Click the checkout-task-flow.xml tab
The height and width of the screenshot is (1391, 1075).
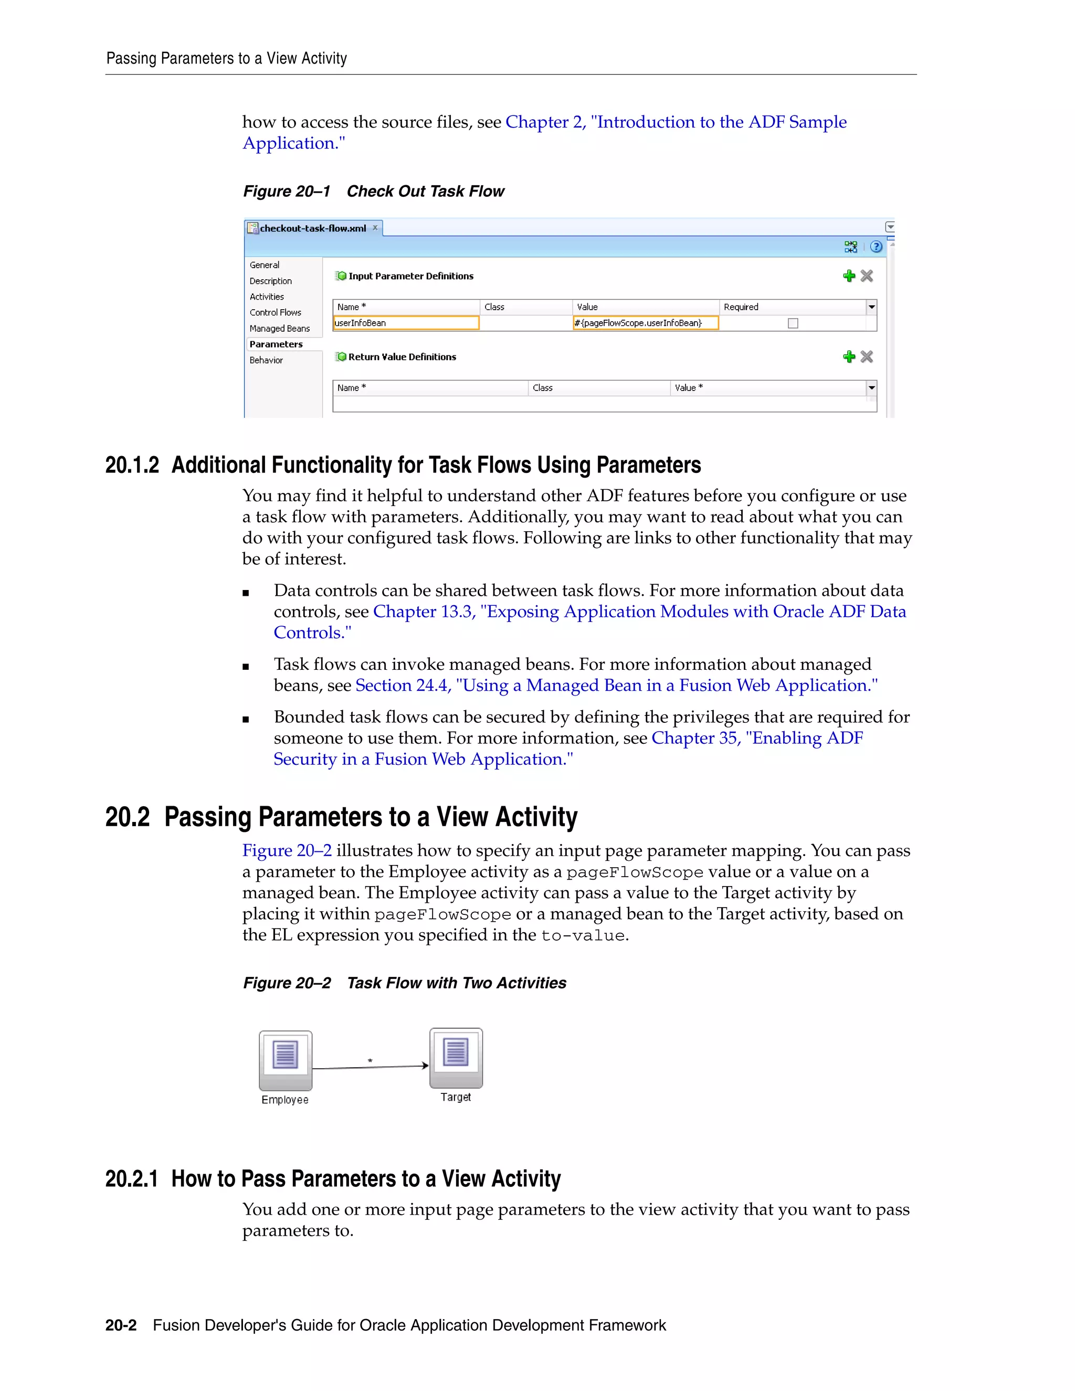point(312,228)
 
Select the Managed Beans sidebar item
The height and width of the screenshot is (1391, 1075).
point(280,329)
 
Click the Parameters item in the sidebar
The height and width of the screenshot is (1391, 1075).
point(276,344)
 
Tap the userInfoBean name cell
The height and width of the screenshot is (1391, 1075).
point(406,323)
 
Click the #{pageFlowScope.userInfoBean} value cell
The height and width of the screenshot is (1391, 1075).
point(645,323)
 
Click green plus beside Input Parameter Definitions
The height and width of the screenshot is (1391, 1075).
point(848,276)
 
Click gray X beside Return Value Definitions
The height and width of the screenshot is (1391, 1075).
point(867,356)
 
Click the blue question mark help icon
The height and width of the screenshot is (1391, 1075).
point(876,247)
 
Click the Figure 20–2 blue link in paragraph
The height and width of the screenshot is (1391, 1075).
point(287,851)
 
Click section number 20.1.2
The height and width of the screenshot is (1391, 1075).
point(132,466)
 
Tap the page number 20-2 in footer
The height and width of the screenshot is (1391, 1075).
point(121,1325)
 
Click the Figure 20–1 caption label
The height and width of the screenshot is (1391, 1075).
point(287,192)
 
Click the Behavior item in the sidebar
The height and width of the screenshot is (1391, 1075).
point(266,361)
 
